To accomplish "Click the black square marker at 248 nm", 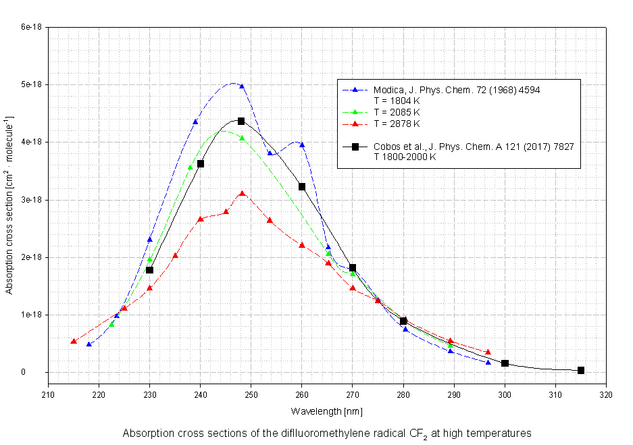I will click(241, 121).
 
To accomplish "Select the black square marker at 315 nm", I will click(581, 370).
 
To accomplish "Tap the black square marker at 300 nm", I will click(505, 363).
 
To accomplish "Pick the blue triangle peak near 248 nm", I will click(242, 86).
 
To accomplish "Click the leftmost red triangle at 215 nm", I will click(74, 341).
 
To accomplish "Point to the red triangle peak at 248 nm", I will click(242, 194).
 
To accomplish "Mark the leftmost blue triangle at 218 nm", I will click(89, 344).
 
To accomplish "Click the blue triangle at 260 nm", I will click(302, 145).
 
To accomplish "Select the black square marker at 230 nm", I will click(150, 270).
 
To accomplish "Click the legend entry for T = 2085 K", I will click(397, 112).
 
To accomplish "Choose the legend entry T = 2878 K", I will click(397, 124).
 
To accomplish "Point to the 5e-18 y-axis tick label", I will click(32, 84).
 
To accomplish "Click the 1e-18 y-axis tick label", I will click(32, 315).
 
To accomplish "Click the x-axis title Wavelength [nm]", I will click(318, 411).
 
